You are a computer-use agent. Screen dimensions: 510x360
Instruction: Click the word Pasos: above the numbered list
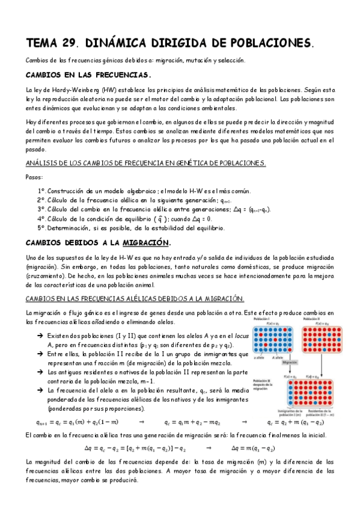coord(35,177)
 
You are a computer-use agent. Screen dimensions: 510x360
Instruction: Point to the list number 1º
coord(41,190)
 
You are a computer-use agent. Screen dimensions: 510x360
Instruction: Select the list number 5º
coord(41,228)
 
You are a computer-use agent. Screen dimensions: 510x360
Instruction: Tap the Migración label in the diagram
coord(290,363)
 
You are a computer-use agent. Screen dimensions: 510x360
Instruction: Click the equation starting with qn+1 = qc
coord(78,422)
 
